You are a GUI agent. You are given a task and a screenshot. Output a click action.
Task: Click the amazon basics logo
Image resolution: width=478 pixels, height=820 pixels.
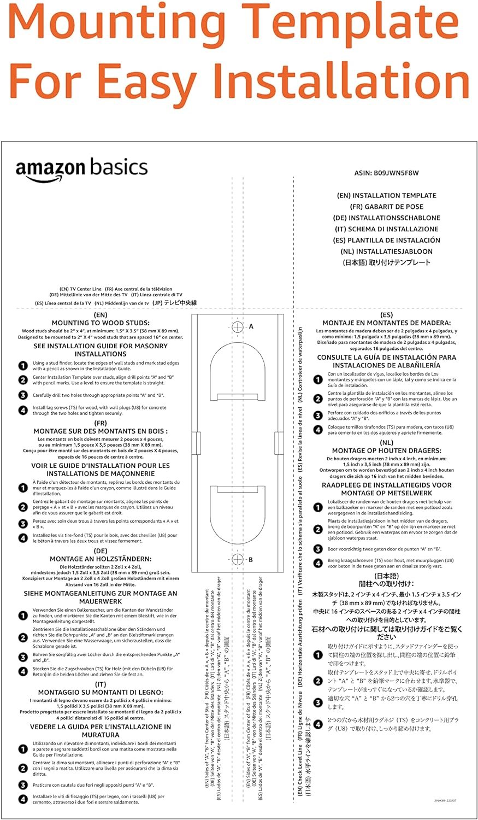(x=81, y=170)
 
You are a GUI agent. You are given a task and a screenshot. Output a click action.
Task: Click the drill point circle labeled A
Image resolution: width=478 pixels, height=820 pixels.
(x=237, y=327)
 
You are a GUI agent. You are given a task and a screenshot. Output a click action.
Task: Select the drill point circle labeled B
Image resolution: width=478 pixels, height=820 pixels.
(x=237, y=559)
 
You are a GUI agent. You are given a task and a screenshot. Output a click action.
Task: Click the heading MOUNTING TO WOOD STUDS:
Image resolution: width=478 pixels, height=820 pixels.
(x=101, y=323)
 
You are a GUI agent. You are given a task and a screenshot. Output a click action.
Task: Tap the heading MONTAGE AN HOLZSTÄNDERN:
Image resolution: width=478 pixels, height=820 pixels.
(x=101, y=559)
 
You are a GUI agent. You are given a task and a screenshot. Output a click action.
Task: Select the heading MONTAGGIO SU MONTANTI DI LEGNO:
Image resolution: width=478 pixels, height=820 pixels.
(x=101, y=692)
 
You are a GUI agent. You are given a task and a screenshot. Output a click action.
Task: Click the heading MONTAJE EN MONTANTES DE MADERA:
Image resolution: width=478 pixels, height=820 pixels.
(x=386, y=323)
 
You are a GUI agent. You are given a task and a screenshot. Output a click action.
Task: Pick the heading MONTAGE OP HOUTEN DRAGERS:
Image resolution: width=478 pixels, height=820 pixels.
(x=386, y=451)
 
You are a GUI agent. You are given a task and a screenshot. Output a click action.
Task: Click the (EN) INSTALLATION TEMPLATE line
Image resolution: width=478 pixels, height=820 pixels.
(x=386, y=196)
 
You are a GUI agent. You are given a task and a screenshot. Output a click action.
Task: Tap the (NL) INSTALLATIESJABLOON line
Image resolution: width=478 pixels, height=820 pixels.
(x=386, y=251)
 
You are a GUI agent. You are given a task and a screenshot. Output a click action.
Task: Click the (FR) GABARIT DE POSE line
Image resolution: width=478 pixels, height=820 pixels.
(x=386, y=207)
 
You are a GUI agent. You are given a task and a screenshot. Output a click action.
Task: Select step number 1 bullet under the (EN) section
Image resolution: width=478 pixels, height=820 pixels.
(x=23, y=366)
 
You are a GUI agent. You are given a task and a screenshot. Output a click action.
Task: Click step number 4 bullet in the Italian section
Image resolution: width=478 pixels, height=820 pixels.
(x=23, y=799)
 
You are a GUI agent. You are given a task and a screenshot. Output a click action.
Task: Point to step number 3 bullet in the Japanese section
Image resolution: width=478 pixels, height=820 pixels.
(x=318, y=702)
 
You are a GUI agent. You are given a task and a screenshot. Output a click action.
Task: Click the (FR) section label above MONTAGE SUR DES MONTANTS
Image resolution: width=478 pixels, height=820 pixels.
(x=101, y=423)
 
